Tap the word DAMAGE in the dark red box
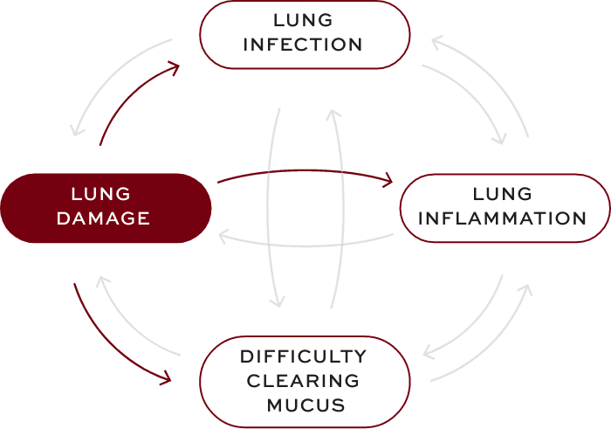[x=103, y=218]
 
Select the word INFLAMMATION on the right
[x=502, y=218]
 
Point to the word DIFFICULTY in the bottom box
[x=303, y=356]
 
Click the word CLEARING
[x=303, y=381]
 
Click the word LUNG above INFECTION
[x=305, y=19]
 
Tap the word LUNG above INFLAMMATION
[x=502, y=193]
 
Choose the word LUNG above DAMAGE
[x=102, y=193]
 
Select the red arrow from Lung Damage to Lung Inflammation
[x=305, y=174]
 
